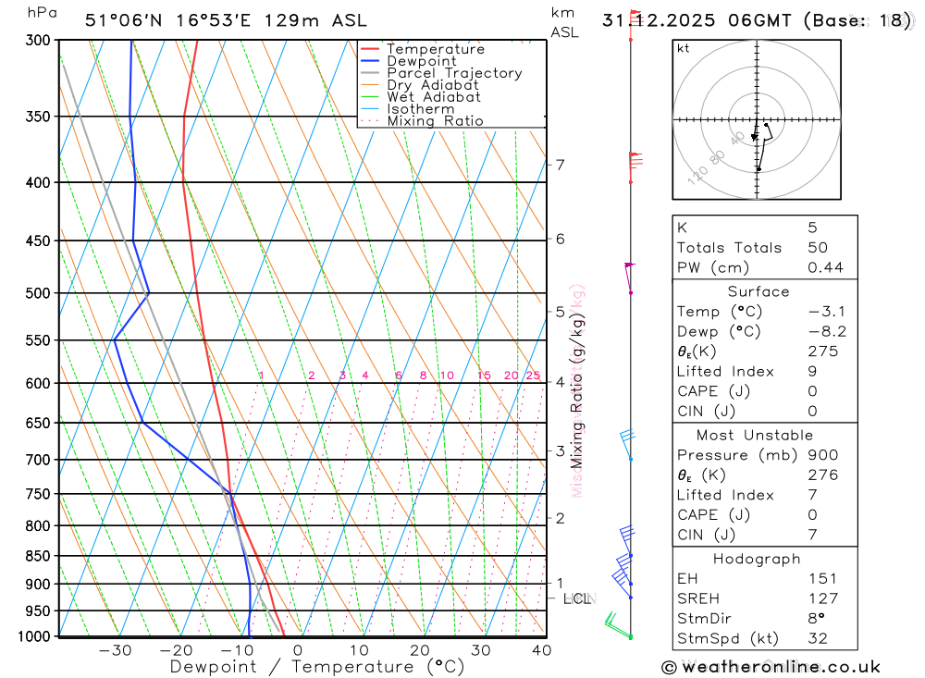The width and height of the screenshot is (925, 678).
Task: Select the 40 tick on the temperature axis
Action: coord(541,650)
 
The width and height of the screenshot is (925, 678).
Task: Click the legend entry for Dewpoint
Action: coord(421,62)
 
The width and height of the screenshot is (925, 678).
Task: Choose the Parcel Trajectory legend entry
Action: coord(454,73)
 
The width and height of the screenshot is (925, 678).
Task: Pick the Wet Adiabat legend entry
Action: coord(434,97)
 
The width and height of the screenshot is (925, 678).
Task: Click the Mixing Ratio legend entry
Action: coord(435,121)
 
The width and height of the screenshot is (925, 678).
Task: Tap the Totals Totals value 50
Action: coord(818,248)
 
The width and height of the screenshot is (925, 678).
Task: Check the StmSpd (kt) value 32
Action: coord(818,638)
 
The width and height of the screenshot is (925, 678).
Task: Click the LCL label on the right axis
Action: coord(576,598)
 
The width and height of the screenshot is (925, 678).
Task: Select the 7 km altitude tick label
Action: coord(560,165)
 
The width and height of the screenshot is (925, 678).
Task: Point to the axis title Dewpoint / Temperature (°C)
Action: coord(317,666)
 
